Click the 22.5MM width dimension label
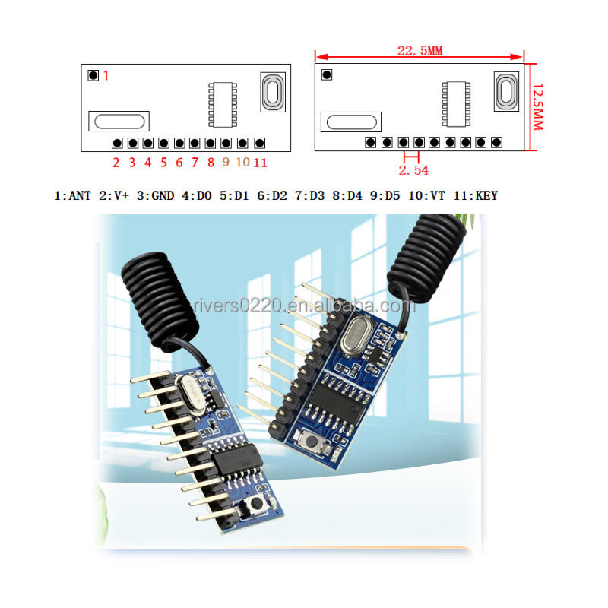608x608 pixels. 420,51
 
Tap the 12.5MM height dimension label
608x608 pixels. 537,106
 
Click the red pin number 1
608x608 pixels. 106,75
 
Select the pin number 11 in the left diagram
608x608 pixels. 260,162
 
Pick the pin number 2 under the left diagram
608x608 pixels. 116,162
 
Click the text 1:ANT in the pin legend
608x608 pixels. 73,196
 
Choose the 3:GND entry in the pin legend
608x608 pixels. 156,196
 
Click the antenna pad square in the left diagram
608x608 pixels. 93,75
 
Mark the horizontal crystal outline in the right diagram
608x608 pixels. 350,122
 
